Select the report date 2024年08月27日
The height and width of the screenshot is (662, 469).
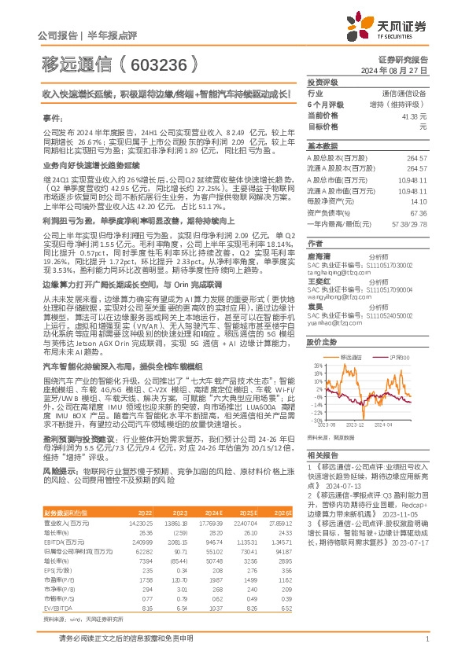[x=403, y=70]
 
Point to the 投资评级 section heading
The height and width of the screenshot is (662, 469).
[x=322, y=82]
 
